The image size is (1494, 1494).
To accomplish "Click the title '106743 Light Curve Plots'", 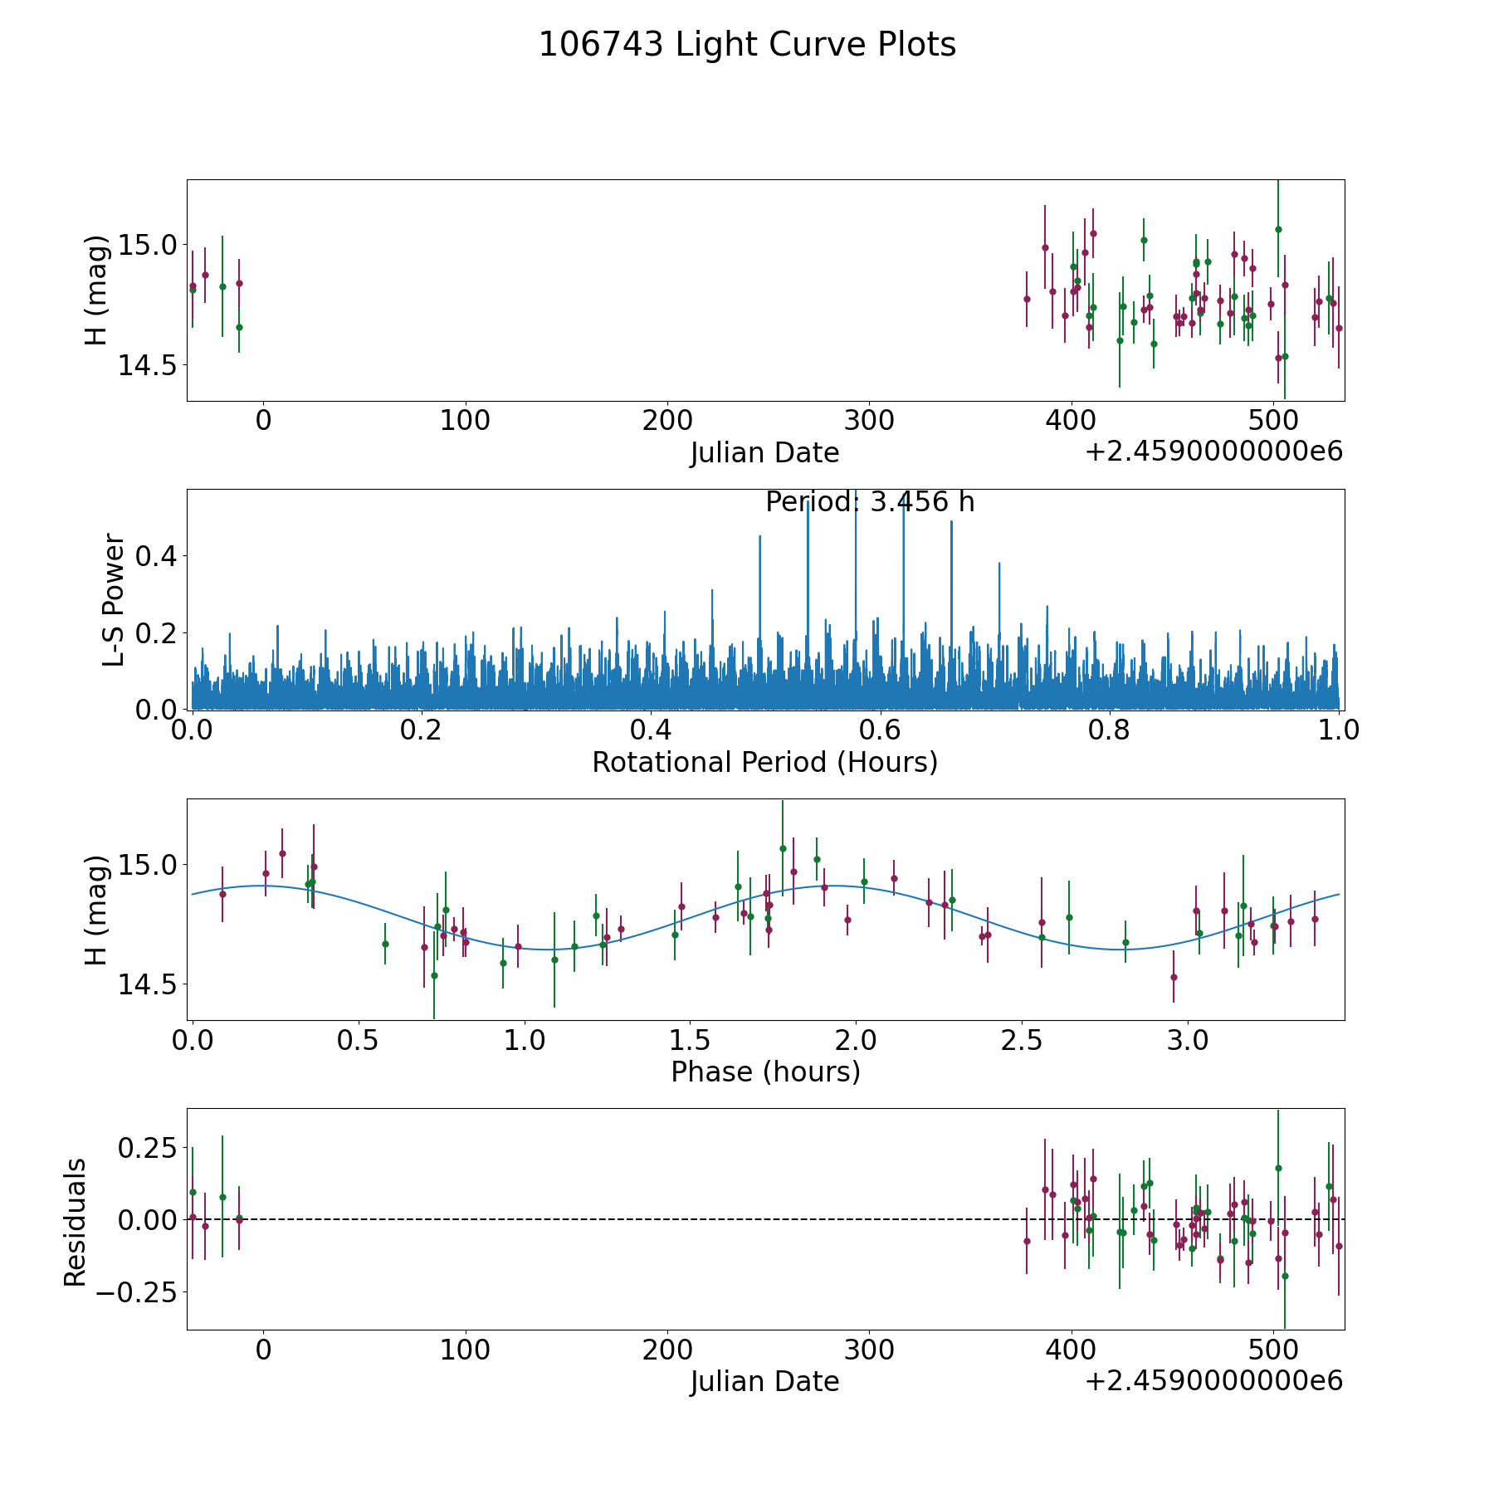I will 747,45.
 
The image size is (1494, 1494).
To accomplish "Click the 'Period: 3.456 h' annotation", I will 870,502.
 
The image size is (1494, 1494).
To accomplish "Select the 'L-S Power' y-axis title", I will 115,599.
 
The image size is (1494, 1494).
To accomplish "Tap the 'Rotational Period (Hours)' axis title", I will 764,762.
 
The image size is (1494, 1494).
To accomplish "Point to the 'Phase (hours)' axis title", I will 764,1072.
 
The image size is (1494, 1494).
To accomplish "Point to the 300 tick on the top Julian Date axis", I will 869,422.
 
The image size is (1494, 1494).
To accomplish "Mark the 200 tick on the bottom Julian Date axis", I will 667,1350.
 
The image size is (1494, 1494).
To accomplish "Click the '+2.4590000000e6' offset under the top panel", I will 1213,452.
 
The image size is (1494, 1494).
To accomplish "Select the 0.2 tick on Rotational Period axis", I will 422,731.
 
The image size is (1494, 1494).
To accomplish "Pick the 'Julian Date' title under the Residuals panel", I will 764,1382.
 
